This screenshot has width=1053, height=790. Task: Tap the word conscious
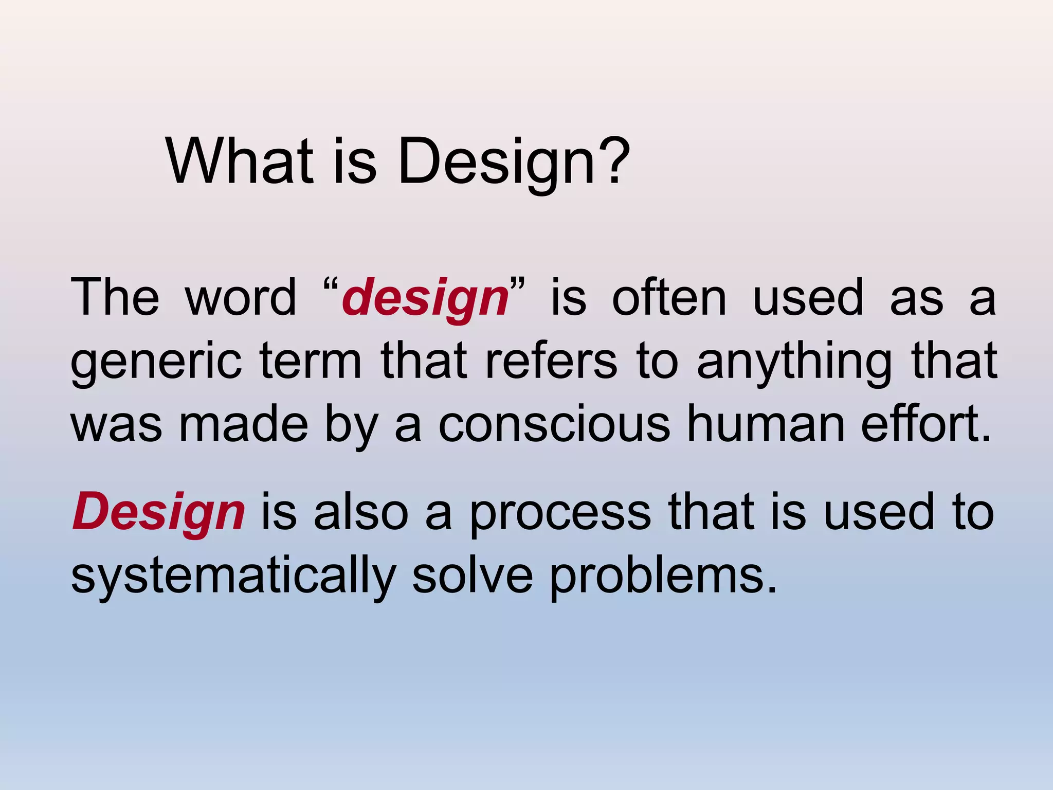coord(554,425)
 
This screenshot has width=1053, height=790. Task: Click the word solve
coord(472,575)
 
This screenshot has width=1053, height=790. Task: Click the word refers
coord(551,361)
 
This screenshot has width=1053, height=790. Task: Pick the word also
coord(361,512)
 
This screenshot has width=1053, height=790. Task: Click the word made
coord(243,425)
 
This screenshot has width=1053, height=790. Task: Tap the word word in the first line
coord(241,298)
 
